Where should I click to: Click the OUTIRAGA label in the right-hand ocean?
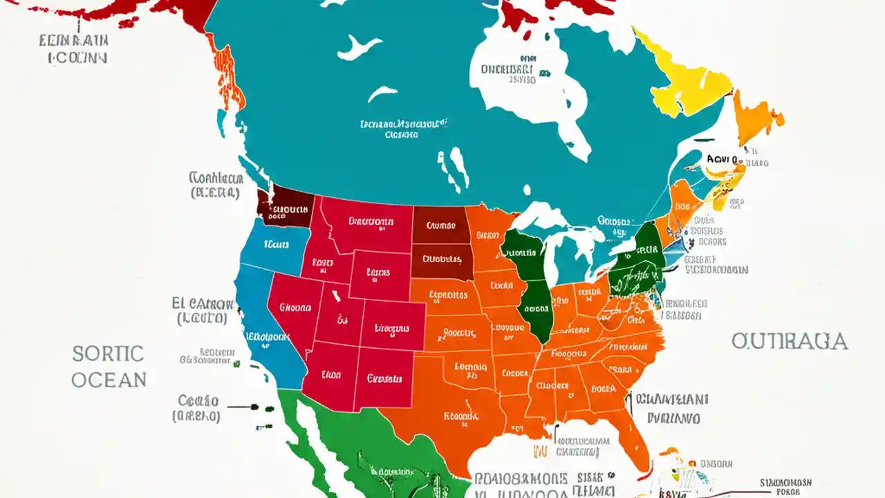click(789, 341)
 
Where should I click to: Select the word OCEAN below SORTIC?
click(109, 380)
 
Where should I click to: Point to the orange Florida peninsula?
click(633, 429)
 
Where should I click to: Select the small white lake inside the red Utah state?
click(337, 297)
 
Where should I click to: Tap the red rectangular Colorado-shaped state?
click(393, 326)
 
